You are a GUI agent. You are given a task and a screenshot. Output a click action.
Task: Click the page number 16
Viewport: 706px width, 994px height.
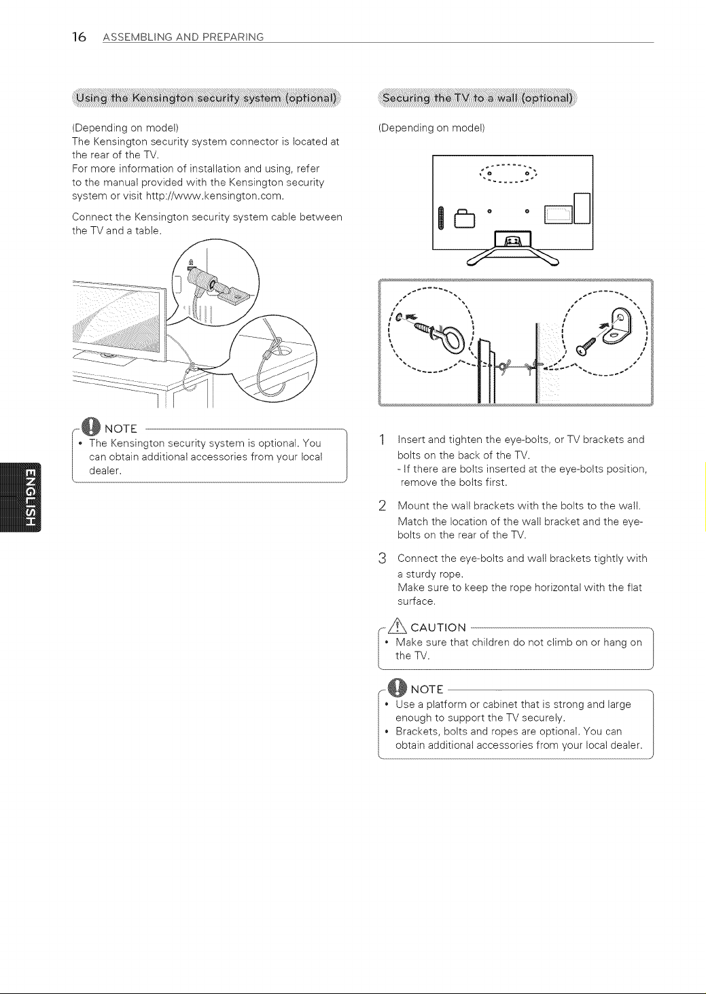[79, 37]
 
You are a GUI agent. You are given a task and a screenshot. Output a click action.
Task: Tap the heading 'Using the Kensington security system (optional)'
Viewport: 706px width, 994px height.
[207, 98]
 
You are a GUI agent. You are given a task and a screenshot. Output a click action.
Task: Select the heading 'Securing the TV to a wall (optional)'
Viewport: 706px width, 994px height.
[478, 98]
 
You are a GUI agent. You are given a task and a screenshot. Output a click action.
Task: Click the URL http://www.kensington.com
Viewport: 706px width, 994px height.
[214, 196]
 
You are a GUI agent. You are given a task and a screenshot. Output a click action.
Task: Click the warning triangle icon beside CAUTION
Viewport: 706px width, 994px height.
[398, 626]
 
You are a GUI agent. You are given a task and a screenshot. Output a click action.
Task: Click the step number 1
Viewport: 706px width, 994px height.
[382, 440]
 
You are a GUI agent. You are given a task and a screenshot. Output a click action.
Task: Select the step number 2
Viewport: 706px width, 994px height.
[383, 506]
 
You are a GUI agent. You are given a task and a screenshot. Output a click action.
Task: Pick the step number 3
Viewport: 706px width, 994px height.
[383, 558]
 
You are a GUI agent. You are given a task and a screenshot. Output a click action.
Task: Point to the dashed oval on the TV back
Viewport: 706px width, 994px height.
[508, 174]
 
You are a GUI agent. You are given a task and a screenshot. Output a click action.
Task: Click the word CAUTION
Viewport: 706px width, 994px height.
[438, 628]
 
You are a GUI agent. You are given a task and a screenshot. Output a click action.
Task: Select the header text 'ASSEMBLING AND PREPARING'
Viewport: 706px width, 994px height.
[183, 37]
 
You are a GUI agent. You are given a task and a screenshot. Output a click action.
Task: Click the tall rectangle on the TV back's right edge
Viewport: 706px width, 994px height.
[582, 209]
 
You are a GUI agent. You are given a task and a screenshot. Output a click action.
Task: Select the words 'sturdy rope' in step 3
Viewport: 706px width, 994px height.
[434, 574]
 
